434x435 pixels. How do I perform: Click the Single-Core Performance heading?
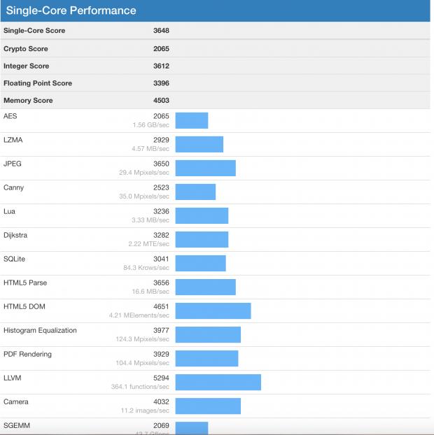coord(71,11)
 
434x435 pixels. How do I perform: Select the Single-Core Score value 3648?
coord(161,31)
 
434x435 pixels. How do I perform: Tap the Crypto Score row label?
coord(26,49)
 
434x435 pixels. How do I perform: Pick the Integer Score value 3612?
coord(161,66)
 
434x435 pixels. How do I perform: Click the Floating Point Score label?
coord(38,83)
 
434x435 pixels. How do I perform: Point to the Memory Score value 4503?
coord(161,101)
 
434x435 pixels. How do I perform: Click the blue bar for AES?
coord(191,120)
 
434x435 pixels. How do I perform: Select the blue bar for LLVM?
coord(218,382)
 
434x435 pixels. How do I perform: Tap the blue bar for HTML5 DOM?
coord(213,311)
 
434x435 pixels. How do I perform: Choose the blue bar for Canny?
coord(195,192)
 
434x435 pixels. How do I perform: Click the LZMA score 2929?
coord(161,140)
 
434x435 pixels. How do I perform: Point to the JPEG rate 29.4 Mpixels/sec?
coord(144,173)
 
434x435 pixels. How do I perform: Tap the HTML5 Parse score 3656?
coord(161,283)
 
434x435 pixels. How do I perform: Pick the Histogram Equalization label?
coord(40,330)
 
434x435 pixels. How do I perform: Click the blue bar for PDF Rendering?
coord(206,358)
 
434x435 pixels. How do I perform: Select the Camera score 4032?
coord(161,401)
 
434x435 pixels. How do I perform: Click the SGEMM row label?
coord(17,425)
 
